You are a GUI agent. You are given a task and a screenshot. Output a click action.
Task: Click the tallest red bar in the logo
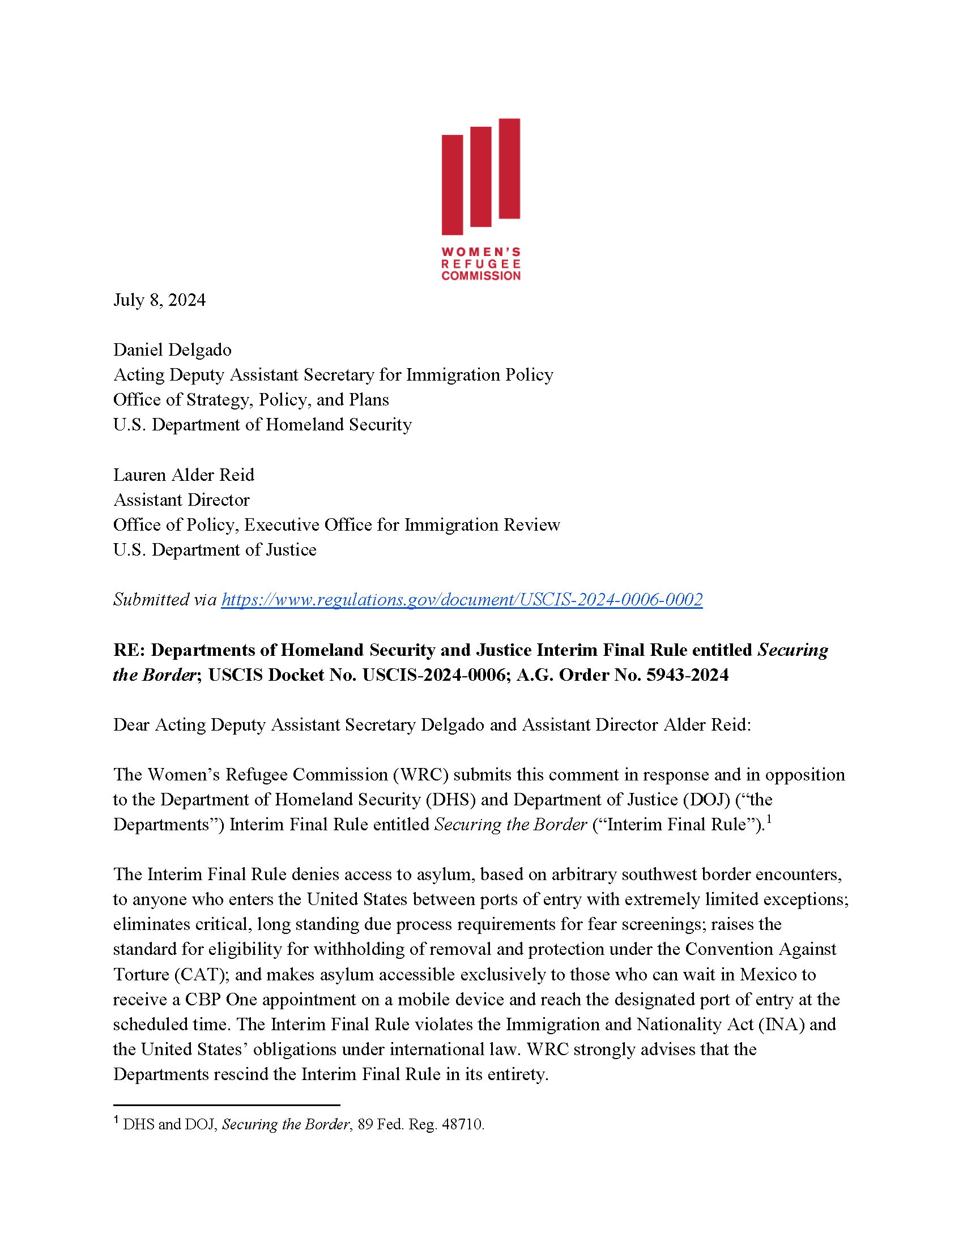tap(509, 168)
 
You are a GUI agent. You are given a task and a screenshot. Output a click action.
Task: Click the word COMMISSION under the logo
tap(481, 276)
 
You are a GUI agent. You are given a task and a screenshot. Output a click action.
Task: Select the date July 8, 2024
tap(159, 300)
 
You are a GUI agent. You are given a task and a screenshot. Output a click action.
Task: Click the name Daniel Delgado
tap(172, 349)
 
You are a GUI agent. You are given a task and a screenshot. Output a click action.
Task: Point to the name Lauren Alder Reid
tap(184, 475)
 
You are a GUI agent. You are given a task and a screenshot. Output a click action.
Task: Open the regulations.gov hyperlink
tap(462, 599)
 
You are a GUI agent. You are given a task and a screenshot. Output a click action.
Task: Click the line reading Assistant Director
tap(181, 500)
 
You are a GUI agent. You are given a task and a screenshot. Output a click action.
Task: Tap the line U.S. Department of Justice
tap(215, 549)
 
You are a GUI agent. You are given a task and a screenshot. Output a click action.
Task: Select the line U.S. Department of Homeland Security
tap(262, 424)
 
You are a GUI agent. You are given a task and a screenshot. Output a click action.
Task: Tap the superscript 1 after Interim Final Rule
tap(769, 820)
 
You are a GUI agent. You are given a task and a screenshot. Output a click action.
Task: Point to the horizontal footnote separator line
tap(227, 1105)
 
